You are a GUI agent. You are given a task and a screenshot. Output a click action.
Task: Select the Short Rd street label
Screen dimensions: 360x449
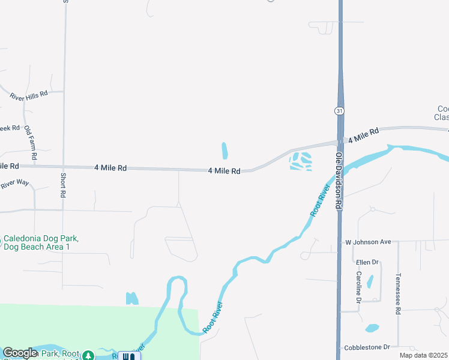click(x=62, y=185)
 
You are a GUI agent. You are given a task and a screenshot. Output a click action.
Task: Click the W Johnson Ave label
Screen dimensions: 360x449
click(x=368, y=242)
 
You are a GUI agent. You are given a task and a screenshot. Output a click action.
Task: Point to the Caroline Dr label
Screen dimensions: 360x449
click(x=358, y=287)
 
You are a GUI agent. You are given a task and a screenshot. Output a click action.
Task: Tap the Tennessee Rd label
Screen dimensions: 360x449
click(x=397, y=294)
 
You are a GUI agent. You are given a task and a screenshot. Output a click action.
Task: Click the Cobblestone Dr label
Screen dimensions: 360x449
click(x=367, y=347)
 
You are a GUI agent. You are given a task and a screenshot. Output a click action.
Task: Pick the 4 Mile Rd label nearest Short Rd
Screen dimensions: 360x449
click(x=110, y=169)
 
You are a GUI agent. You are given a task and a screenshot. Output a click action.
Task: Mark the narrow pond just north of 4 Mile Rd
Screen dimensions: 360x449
click(x=225, y=151)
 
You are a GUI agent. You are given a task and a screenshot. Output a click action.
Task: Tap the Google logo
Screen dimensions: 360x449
click(x=20, y=353)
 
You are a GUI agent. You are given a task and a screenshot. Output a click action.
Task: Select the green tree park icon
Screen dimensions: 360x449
click(x=88, y=356)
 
